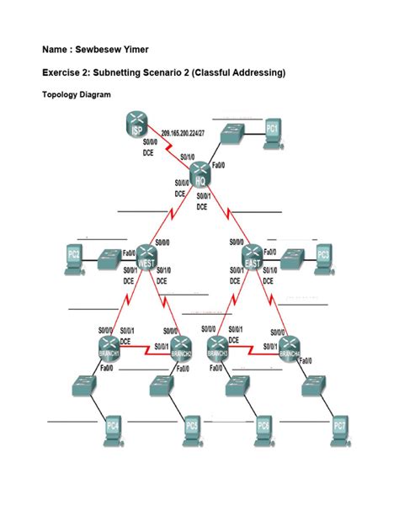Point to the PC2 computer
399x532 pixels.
(73, 257)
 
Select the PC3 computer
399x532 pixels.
(324, 257)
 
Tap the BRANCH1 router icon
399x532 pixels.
(110, 348)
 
